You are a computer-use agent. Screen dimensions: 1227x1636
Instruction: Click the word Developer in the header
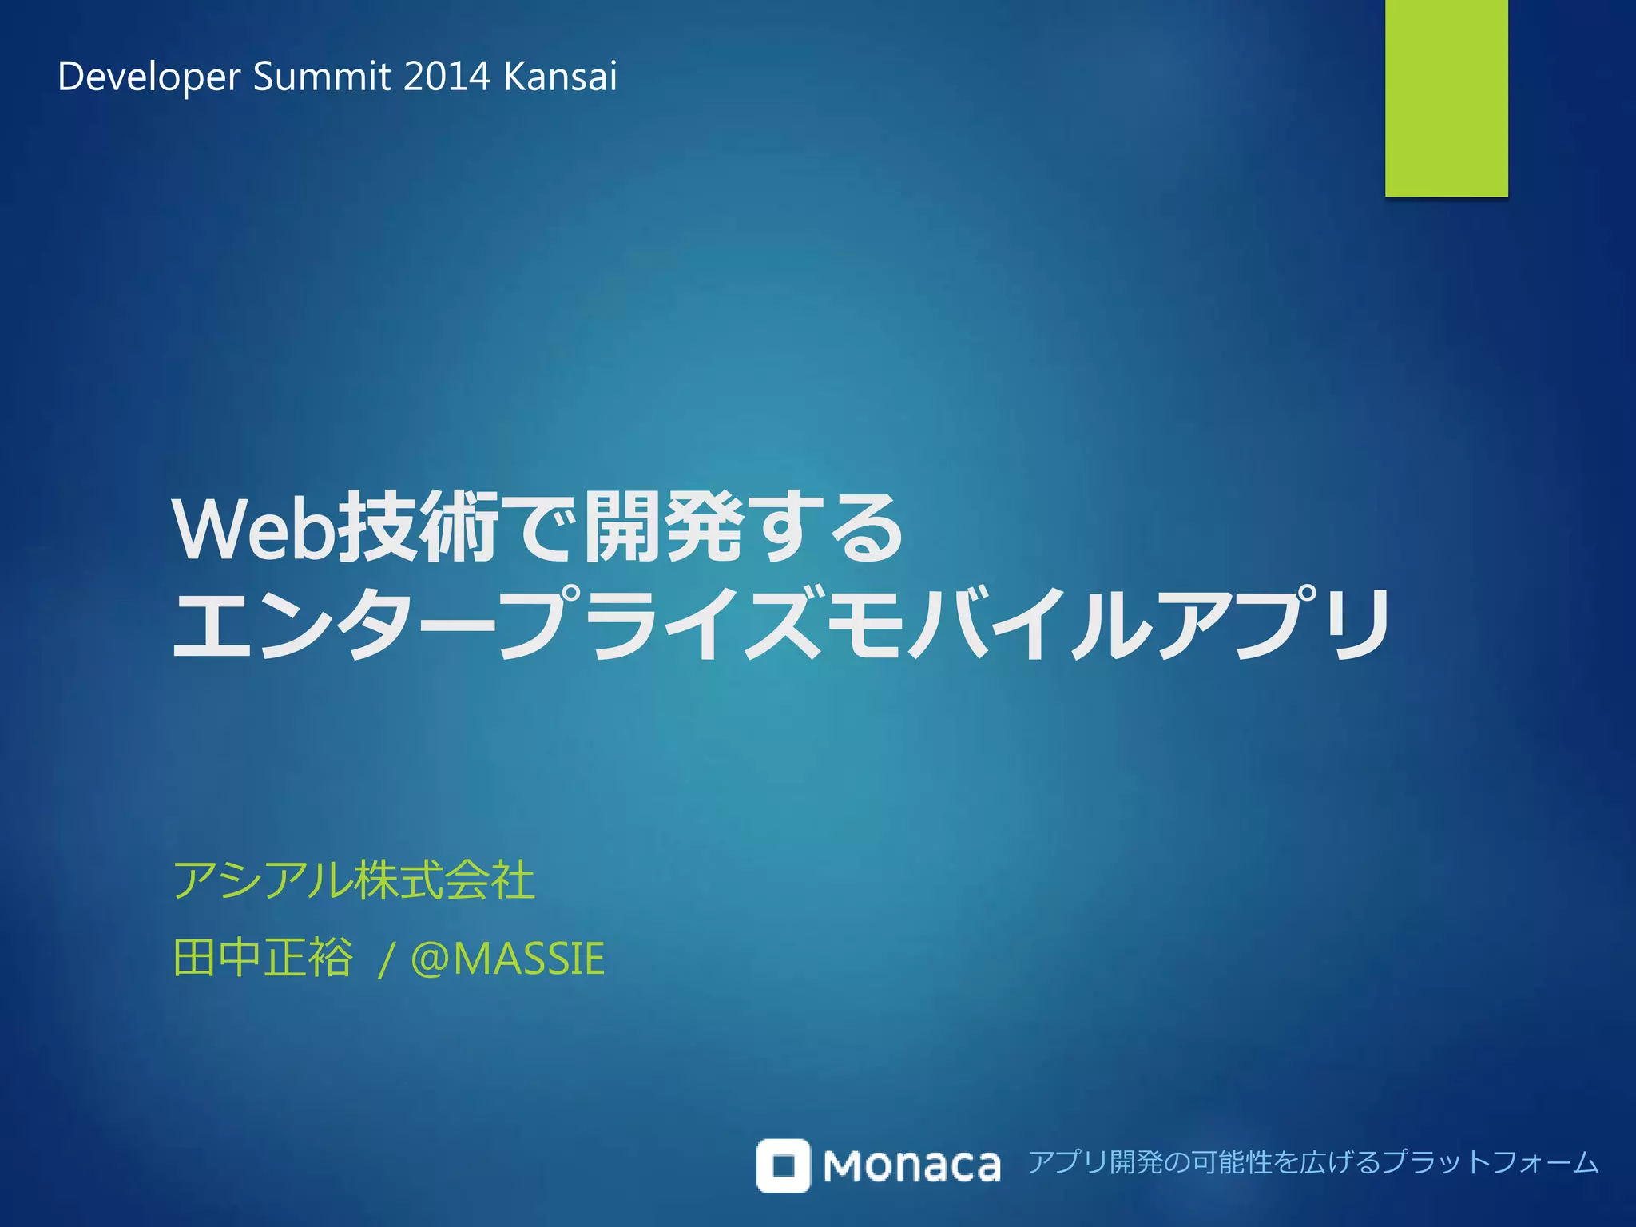(x=149, y=77)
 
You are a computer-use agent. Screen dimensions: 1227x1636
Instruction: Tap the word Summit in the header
(x=322, y=77)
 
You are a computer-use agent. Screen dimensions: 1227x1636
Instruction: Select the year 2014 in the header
(x=447, y=77)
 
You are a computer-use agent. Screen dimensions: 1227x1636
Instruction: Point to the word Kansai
(x=561, y=77)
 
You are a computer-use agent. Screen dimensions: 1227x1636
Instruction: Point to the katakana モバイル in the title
(x=991, y=624)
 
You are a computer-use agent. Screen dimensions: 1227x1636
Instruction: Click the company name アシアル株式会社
(x=354, y=880)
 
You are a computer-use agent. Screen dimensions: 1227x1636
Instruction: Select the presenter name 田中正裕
(x=263, y=957)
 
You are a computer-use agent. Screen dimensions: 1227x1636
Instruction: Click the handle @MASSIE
(x=507, y=958)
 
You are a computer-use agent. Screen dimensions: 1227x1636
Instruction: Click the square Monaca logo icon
(x=783, y=1165)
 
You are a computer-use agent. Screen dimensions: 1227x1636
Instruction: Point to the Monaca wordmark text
(x=911, y=1165)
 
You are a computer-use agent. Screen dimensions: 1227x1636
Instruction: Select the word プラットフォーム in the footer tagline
(x=1490, y=1161)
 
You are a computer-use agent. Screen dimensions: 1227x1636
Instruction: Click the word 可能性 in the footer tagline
(x=1229, y=1161)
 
